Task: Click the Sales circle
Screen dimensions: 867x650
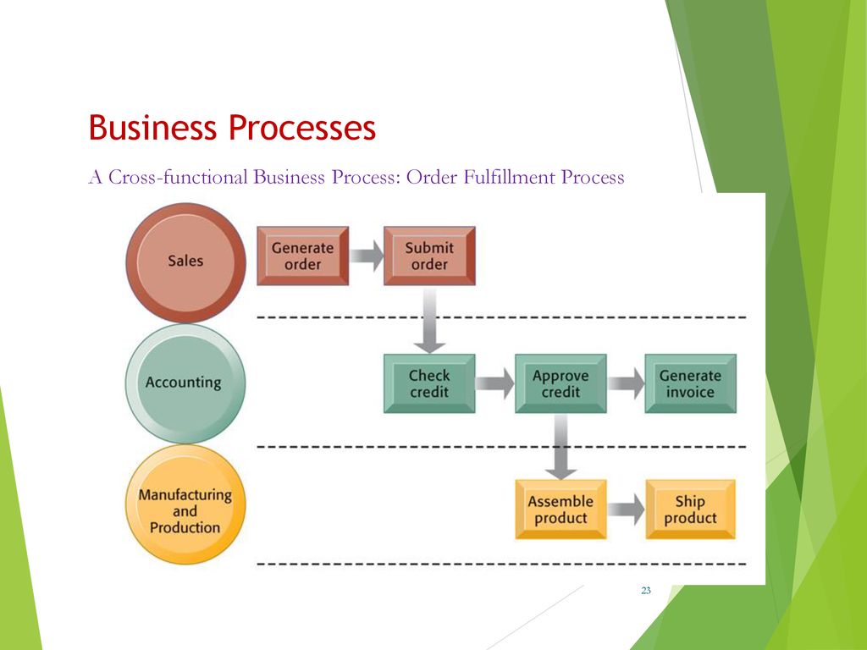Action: (185, 262)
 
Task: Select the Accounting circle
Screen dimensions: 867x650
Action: (185, 383)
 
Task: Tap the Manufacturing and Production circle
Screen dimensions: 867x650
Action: (185, 504)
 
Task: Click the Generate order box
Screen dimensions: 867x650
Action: (302, 256)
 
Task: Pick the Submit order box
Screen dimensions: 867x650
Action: (429, 256)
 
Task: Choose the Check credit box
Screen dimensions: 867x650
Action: (429, 383)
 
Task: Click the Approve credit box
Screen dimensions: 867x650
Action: (561, 383)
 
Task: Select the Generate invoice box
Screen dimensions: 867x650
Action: (691, 383)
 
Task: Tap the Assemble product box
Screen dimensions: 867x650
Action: (561, 510)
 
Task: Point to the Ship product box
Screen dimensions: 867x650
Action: (691, 510)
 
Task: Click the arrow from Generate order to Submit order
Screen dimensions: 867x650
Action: (367, 256)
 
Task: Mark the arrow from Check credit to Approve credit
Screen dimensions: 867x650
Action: (494, 383)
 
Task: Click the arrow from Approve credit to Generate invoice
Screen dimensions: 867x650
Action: (626, 383)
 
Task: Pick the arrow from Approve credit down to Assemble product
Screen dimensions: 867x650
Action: (561, 447)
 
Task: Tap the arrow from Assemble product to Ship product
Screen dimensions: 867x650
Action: (626, 510)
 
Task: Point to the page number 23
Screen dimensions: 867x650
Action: (646, 590)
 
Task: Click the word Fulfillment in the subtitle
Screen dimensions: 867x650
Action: (509, 177)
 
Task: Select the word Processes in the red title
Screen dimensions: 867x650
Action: (302, 128)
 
